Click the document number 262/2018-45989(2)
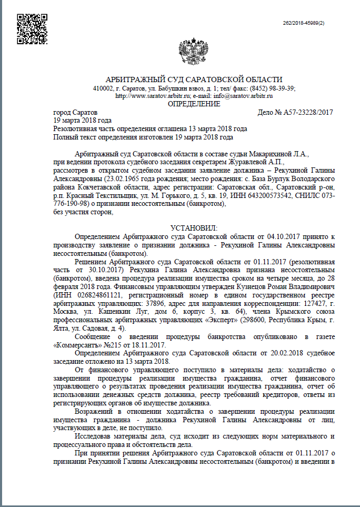point(304,24)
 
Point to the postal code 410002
point(103,88)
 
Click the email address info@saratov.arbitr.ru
point(243,96)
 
